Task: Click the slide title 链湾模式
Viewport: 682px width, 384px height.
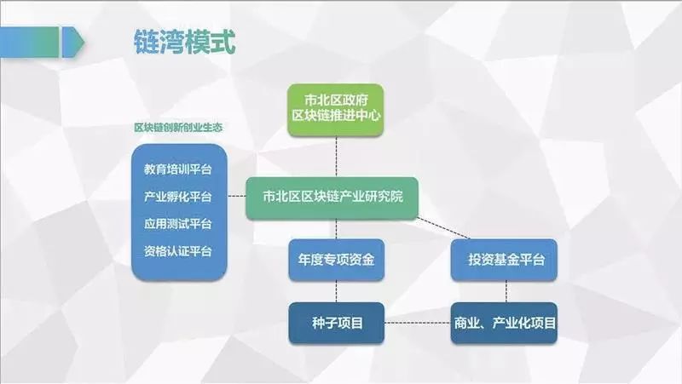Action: coord(184,42)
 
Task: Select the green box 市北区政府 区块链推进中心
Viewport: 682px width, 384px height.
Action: coord(335,108)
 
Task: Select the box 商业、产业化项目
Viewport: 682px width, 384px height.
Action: coord(504,323)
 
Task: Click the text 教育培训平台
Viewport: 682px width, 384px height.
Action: coord(178,169)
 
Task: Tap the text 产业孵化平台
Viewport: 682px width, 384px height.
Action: coord(178,196)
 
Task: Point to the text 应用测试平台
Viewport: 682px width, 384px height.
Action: coord(178,224)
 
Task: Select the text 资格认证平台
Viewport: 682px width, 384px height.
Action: coord(178,251)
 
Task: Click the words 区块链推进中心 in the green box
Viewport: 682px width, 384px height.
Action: coord(335,116)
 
